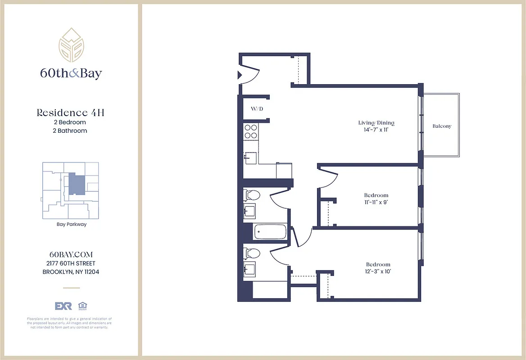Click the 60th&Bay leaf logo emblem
(71, 45)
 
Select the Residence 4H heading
(70, 112)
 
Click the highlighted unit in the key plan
(76, 184)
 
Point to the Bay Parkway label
(71, 224)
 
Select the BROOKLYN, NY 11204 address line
(71, 272)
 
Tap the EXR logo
(63, 306)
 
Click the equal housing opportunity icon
(82, 306)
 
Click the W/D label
(257, 109)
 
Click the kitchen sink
(250, 158)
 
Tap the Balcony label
(442, 126)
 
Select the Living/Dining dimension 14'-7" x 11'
(376, 130)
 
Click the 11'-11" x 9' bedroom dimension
(376, 202)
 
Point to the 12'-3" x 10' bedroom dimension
(378, 271)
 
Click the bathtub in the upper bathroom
(270, 232)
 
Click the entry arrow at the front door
(240, 75)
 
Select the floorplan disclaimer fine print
(69, 323)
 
